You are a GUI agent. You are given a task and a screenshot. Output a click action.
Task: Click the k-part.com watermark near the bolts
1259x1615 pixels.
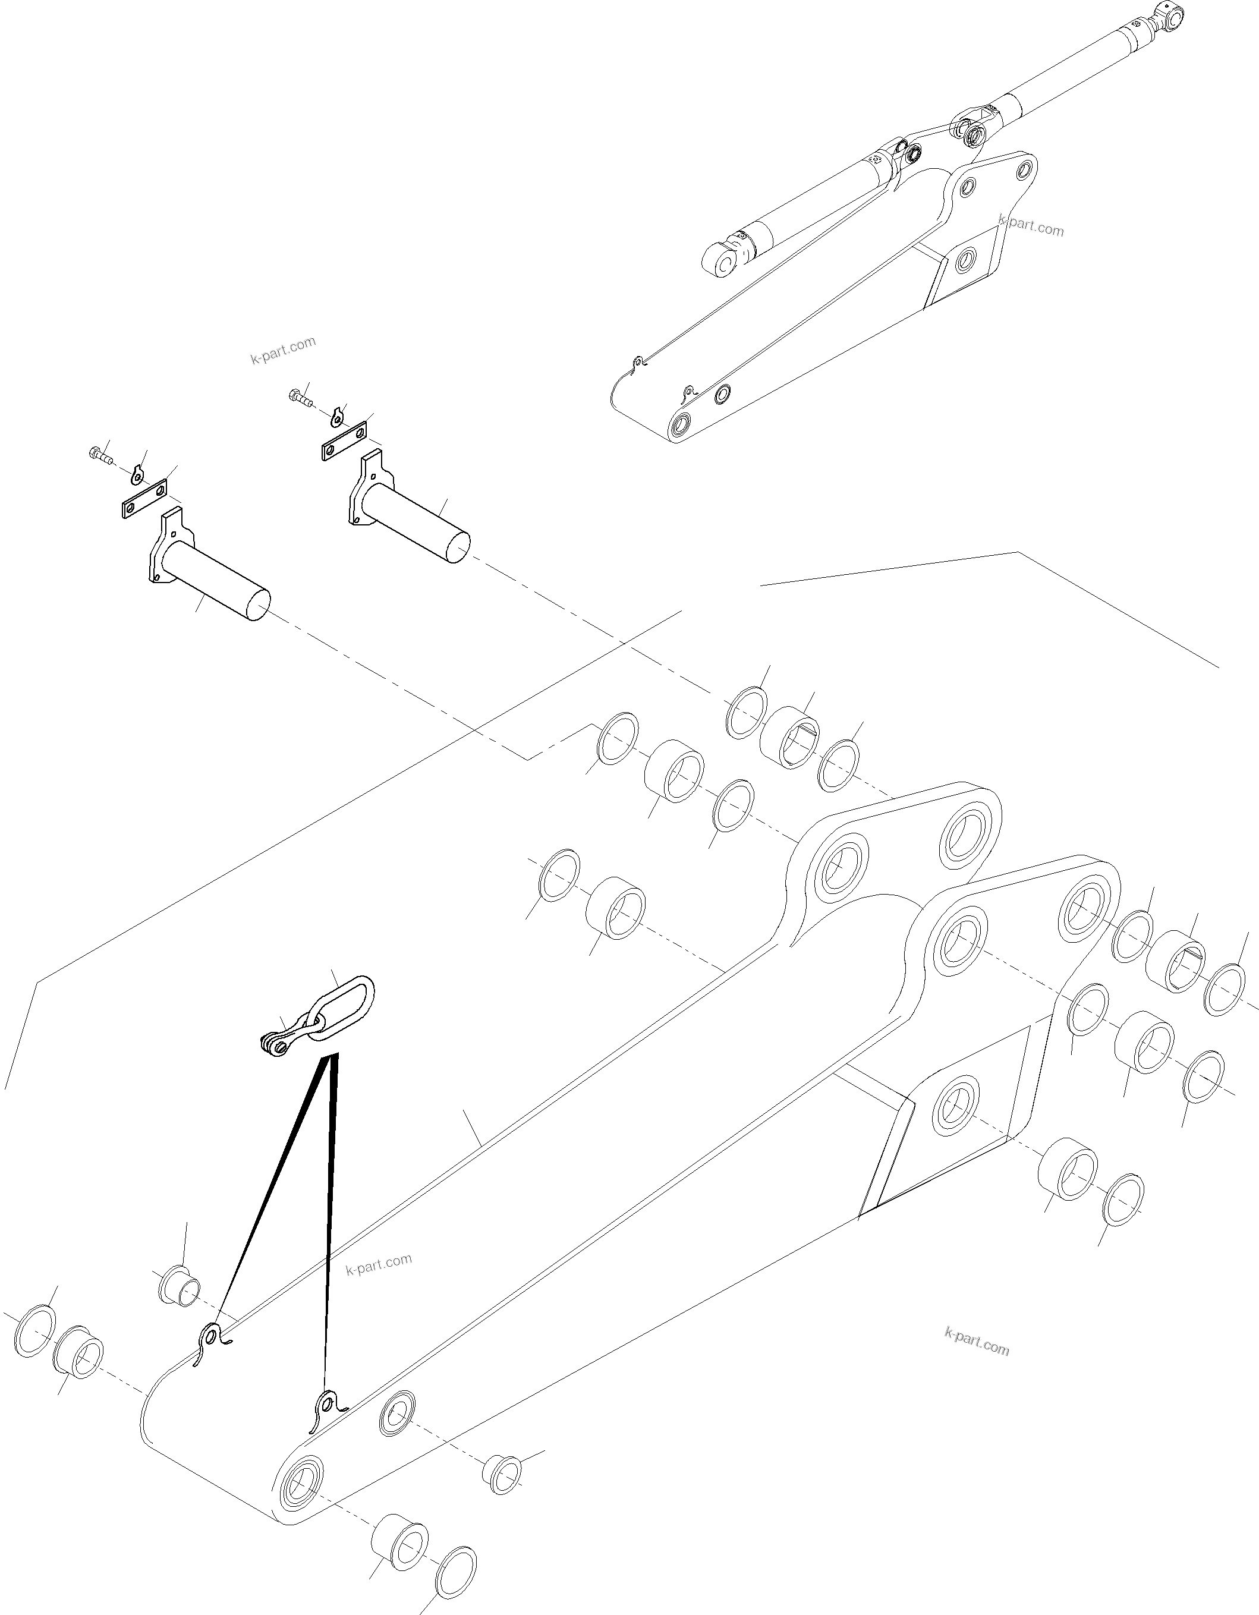pyautogui.click(x=283, y=350)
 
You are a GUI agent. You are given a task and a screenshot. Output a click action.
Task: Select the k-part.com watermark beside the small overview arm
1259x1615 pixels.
pyautogui.click(x=1031, y=225)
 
